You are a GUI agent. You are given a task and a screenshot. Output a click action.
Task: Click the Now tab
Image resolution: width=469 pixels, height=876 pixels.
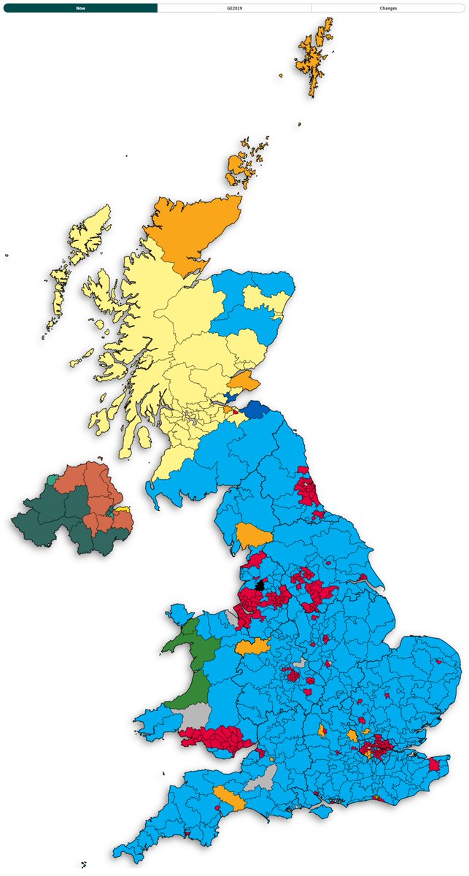pyautogui.click(x=80, y=8)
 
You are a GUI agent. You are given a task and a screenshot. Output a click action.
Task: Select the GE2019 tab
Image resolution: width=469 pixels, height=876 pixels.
pyautogui.click(x=234, y=8)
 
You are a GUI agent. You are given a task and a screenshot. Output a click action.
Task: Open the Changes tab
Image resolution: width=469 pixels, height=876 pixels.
pyautogui.click(x=388, y=8)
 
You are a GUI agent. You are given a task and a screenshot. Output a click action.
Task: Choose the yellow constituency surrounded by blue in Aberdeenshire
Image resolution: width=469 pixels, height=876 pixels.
pyautogui.click(x=263, y=301)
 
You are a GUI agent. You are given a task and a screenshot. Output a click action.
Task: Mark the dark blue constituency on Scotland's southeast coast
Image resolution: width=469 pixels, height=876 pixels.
pyautogui.click(x=257, y=410)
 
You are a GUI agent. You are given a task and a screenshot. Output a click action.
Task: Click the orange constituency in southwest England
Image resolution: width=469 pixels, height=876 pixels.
pyautogui.click(x=228, y=797)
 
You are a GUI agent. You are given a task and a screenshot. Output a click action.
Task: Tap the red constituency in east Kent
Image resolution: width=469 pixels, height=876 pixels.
pyautogui.click(x=438, y=764)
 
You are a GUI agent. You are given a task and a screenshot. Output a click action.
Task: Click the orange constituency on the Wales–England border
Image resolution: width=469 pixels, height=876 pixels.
pyautogui.click(x=252, y=646)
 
